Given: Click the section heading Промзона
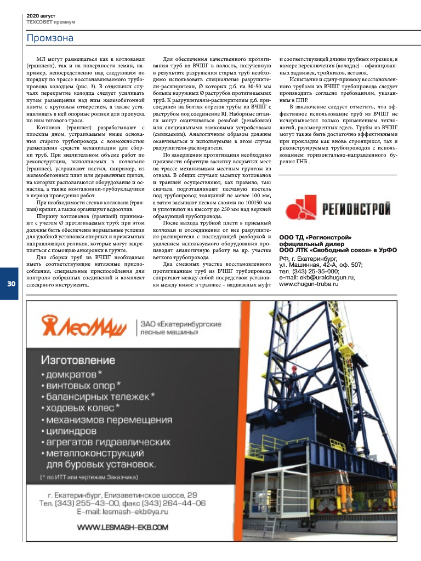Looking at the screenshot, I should click(x=50, y=38).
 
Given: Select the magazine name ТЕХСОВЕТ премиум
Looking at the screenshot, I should click(x=51, y=22).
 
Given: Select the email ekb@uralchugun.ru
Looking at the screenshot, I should click(x=327, y=277).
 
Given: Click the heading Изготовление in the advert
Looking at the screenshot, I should click(x=77, y=360).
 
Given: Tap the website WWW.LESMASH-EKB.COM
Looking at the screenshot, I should click(x=122, y=527).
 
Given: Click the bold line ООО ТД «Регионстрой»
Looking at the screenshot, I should click(x=315, y=237).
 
